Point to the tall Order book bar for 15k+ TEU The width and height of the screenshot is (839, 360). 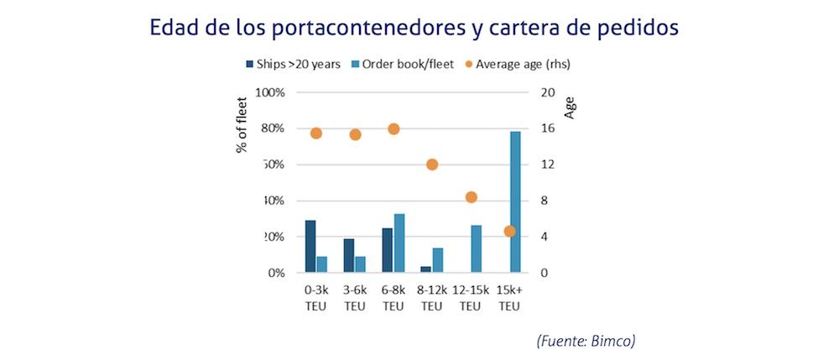(x=515, y=202)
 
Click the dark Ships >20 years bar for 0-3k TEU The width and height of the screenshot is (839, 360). (x=310, y=247)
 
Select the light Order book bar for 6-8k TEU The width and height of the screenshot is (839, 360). (x=399, y=243)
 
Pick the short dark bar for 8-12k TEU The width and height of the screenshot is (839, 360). (x=425, y=269)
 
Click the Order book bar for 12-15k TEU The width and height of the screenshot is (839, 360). (x=477, y=249)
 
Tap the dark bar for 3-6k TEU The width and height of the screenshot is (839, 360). (x=349, y=256)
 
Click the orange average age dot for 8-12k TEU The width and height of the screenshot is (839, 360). (x=432, y=164)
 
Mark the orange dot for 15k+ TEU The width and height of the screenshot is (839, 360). (x=509, y=231)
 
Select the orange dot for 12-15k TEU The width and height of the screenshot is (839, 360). (x=472, y=197)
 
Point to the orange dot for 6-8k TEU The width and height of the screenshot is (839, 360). (x=393, y=128)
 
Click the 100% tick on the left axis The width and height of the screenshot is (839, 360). (x=270, y=92)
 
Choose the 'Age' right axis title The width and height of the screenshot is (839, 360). (x=571, y=107)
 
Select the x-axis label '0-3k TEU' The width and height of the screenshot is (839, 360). (x=315, y=298)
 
